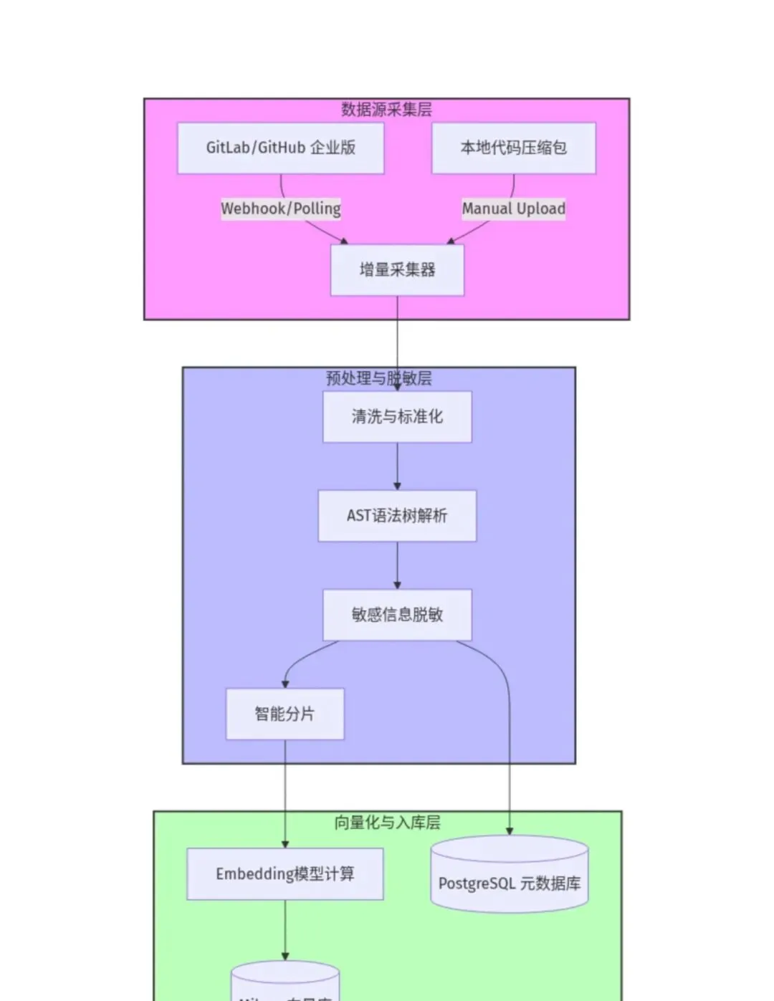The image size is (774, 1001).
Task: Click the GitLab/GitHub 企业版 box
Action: point(280,148)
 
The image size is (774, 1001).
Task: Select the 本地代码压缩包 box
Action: point(513,148)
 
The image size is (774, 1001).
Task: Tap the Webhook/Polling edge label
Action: point(280,209)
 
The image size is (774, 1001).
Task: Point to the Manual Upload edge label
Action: point(513,209)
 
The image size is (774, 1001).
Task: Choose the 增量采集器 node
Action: point(397,270)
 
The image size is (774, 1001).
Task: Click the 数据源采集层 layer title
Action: point(386,109)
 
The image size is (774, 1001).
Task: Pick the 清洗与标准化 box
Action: point(397,416)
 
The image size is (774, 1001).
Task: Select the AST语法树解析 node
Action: point(397,515)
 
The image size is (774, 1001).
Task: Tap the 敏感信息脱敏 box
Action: point(397,614)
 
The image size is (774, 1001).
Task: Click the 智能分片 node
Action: point(285,714)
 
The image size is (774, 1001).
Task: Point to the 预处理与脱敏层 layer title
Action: point(378,378)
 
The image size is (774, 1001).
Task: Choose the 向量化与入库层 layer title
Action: point(387,822)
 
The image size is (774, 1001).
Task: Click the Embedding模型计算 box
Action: point(285,873)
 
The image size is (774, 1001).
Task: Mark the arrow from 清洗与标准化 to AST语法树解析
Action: point(397,466)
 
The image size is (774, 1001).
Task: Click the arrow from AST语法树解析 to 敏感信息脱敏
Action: point(397,565)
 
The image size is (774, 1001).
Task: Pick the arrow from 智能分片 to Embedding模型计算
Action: point(285,788)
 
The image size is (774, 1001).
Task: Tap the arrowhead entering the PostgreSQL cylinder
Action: point(510,830)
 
